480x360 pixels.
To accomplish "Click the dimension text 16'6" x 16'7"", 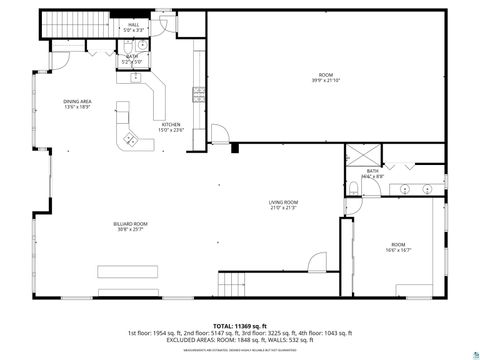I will coord(397,249).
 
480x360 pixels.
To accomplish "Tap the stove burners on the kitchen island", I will coord(127,139).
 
